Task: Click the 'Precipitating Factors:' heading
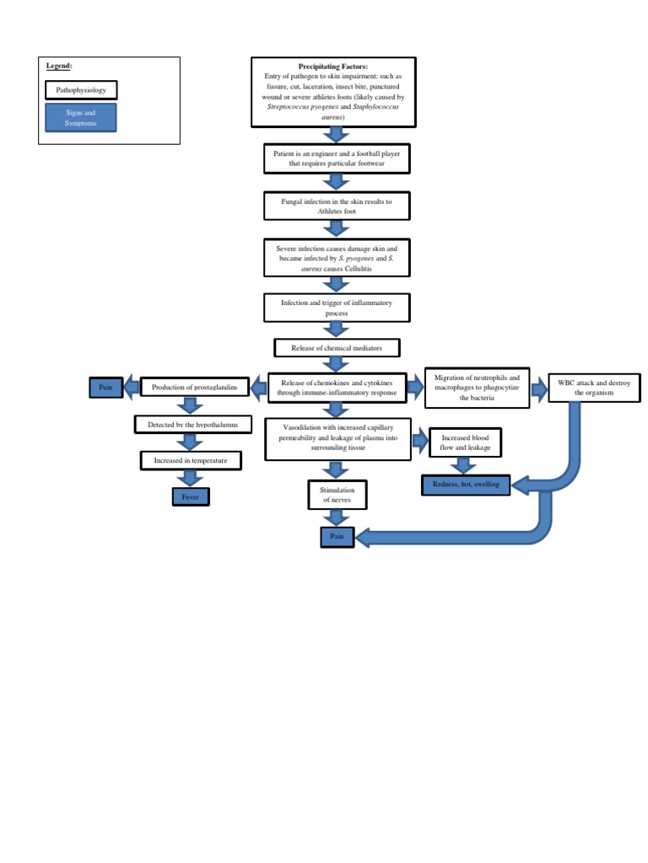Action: click(x=333, y=66)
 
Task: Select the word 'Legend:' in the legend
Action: click(x=59, y=66)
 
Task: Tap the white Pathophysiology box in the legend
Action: click(x=81, y=89)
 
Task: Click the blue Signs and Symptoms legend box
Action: click(x=81, y=118)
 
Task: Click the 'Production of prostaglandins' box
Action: click(x=194, y=388)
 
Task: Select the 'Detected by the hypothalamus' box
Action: click(x=193, y=425)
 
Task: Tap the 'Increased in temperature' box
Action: click(x=191, y=461)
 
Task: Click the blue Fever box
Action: click(x=190, y=497)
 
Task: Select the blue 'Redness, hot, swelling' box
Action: click(x=466, y=485)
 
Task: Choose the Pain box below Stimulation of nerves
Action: click(x=337, y=536)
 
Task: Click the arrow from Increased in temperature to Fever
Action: click(x=190, y=479)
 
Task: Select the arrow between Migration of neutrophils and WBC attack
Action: click(x=539, y=388)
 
